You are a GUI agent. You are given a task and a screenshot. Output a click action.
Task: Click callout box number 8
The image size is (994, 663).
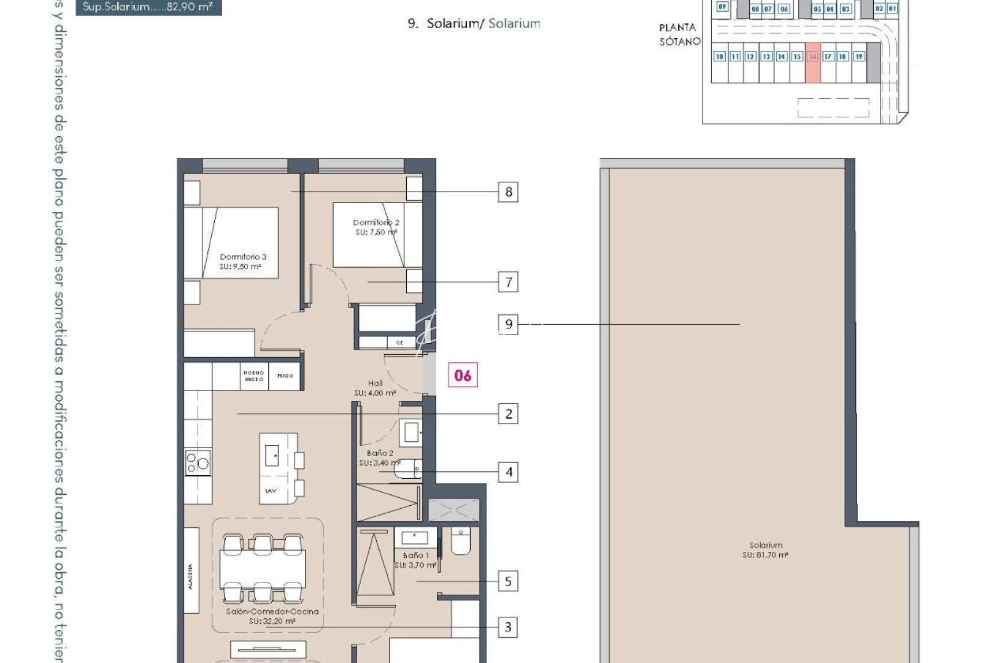click(508, 192)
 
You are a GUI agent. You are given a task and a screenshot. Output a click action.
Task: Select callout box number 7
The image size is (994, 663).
click(508, 282)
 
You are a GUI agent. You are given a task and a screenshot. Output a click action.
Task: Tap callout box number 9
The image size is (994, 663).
click(508, 324)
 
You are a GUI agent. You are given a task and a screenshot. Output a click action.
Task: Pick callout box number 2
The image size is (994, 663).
click(508, 414)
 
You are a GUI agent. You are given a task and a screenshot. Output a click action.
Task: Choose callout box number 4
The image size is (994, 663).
click(508, 472)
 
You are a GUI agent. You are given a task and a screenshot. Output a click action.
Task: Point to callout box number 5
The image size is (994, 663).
click(508, 581)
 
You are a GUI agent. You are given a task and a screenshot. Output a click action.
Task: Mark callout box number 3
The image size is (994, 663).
click(508, 627)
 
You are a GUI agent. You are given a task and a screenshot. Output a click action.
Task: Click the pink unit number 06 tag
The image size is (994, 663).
click(463, 375)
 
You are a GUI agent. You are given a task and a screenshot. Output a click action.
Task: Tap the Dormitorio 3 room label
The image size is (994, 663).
click(242, 262)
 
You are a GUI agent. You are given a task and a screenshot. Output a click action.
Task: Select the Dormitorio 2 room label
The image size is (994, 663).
click(376, 227)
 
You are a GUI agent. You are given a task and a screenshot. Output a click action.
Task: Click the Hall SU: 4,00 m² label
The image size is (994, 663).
click(375, 388)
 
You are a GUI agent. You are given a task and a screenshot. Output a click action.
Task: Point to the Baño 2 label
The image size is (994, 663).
click(380, 458)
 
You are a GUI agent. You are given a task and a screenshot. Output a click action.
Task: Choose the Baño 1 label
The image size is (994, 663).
click(415, 560)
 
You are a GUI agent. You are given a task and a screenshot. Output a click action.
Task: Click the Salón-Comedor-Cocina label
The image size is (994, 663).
click(272, 616)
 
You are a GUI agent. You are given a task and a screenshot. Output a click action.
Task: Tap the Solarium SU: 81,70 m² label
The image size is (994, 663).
click(765, 549)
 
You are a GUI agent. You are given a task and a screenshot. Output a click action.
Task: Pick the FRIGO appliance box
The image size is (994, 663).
click(285, 376)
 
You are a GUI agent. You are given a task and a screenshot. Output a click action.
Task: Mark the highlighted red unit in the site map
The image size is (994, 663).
click(812, 63)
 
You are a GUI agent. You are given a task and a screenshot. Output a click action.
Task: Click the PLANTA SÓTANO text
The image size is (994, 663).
click(679, 34)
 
